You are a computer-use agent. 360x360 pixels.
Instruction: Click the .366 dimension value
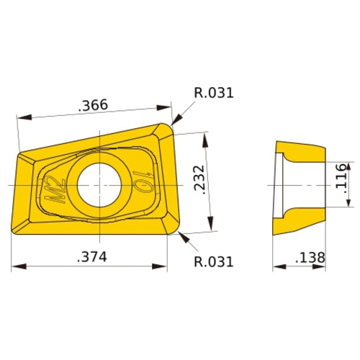[x=93, y=105]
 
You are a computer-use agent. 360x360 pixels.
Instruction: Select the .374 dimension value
[x=91, y=257]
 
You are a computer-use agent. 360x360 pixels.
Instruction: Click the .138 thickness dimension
[x=308, y=257]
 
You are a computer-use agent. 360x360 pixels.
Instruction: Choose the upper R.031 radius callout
[x=214, y=93]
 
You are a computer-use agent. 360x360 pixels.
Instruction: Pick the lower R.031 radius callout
[x=214, y=261]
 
